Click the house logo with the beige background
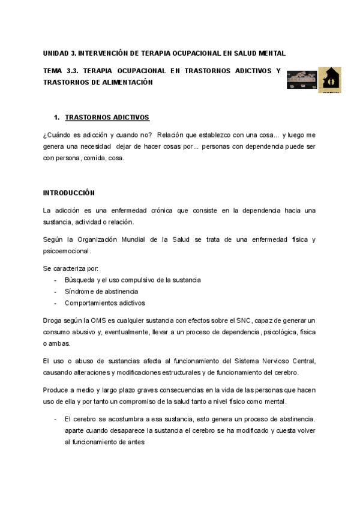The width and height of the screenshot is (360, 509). (x=329, y=80)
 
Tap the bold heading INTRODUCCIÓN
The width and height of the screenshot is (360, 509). (x=69, y=193)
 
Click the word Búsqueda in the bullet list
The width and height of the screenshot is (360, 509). (x=79, y=280)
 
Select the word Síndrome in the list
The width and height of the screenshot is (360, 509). (x=79, y=292)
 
